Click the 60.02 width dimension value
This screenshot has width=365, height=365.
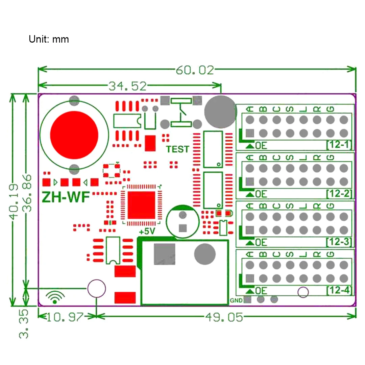tap(195, 70)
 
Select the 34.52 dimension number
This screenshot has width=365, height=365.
tap(127, 86)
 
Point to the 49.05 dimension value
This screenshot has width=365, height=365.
tap(224, 317)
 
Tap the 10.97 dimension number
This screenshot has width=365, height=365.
tap(65, 317)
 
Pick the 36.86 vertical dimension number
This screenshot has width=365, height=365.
tap(27, 193)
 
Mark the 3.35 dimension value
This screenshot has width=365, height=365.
tap(24, 324)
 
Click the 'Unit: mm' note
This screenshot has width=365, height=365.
tap(49, 39)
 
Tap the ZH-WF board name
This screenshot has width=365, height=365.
tap(66, 197)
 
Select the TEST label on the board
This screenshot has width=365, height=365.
tap(178, 149)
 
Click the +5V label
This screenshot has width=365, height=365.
tap(147, 232)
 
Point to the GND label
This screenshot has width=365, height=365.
tap(236, 300)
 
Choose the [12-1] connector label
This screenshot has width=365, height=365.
tap(339, 145)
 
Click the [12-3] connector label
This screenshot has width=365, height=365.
tap(339, 242)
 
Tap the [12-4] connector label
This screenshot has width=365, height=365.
tap(339, 290)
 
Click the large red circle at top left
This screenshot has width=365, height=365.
tap(74, 135)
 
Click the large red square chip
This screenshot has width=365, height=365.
tap(141, 205)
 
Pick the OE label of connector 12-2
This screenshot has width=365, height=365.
tap(261, 194)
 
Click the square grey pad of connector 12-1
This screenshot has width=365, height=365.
tap(250, 133)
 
